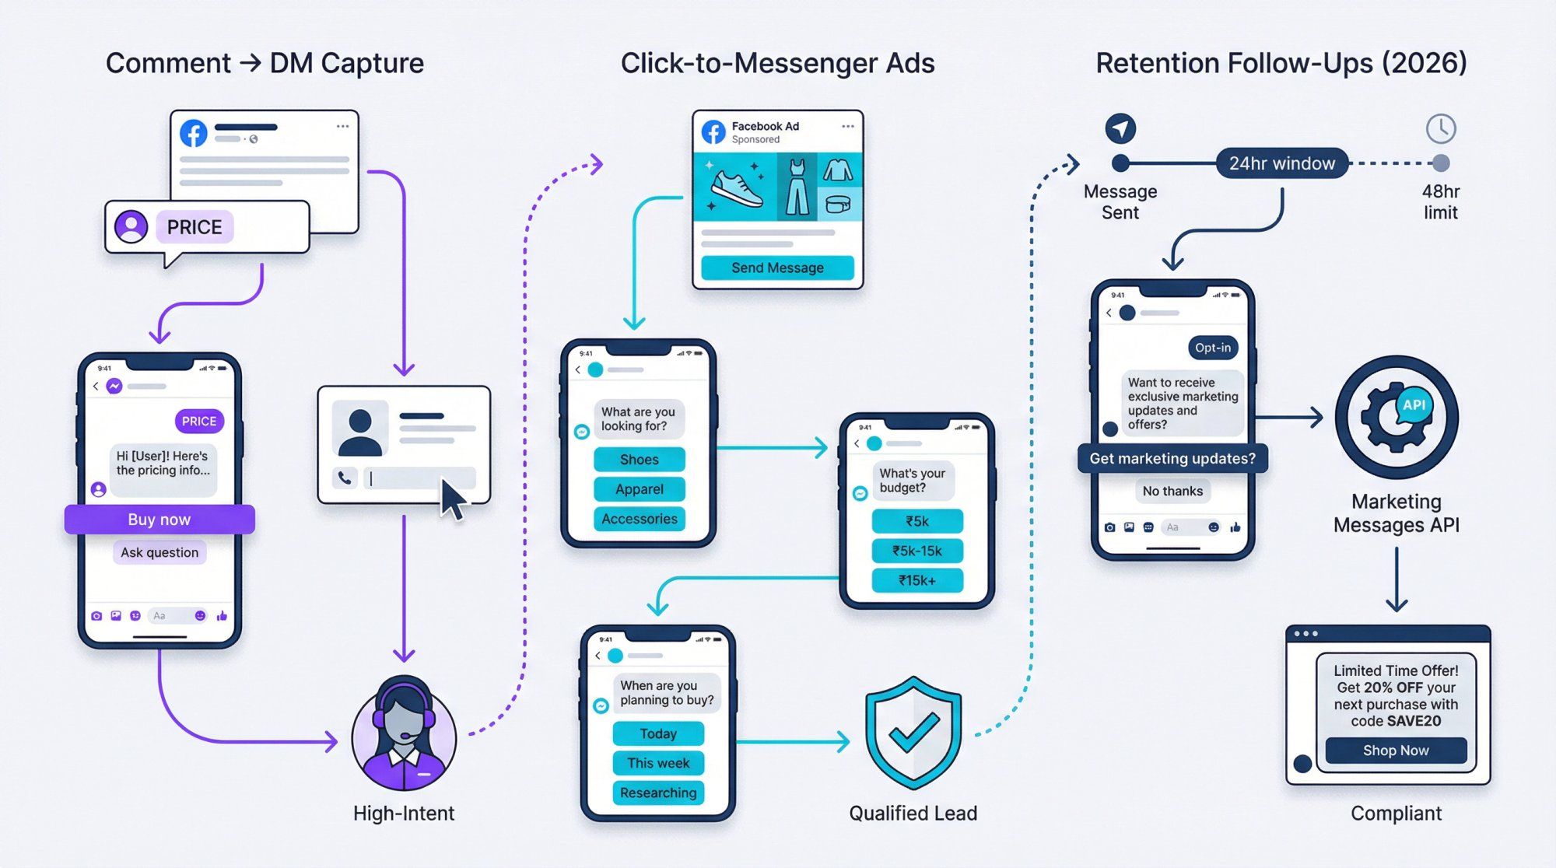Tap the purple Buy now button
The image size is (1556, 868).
coord(159,520)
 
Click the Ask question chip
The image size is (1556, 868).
coord(159,552)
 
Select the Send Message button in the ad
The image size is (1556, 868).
coord(777,268)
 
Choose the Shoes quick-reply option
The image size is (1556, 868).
coord(639,460)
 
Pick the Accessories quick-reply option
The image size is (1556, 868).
coord(639,519)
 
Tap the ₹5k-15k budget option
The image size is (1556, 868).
coord(916,551)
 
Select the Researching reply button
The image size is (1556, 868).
coord(658,793)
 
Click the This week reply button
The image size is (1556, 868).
coord(658,763)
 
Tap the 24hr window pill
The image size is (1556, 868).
coord(1281,163)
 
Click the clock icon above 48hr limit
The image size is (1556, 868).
coord(1440,128)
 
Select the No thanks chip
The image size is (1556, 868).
coord(1172,491)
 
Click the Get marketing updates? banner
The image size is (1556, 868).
coord(1172,459)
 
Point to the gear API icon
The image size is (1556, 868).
coord(1396,417)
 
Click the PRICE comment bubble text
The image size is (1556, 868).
coord(194,227)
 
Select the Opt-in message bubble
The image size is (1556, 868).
coord(1212,348)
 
